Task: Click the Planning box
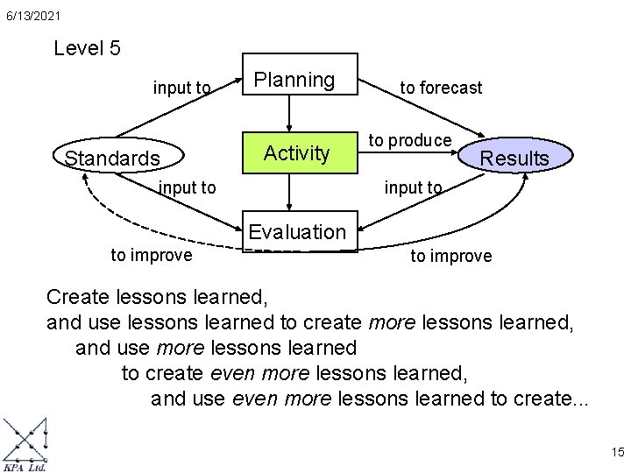[x=294, y=81]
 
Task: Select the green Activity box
[x=296, y=153]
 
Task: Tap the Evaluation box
[x=297, y=232]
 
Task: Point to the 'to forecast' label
[x=441, y=88]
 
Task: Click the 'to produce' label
[x=409, y=140]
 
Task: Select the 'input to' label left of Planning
[x=181, y=88]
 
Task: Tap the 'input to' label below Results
[x=413, y=187]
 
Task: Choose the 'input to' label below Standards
[x=187, y=187]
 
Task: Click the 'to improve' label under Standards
[x=151, y=255]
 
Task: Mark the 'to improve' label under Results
[x=451, y=257]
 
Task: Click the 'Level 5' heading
[x=87, y=48]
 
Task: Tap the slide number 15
[x=616, y=452]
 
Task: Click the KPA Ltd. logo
[x=25, y=446]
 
